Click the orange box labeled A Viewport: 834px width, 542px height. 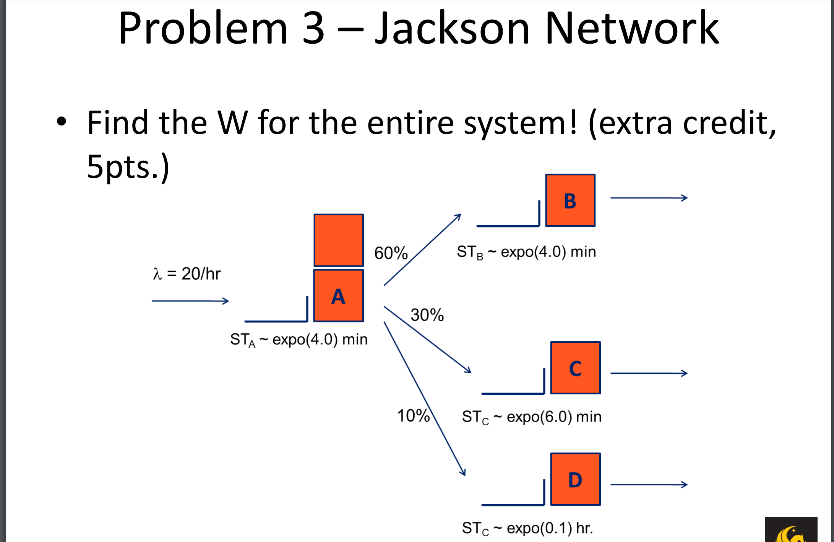coord(338,296)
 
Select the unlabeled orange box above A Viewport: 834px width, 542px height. coord(338,240)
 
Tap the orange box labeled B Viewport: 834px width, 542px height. coord(570,200)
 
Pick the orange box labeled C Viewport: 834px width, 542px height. coord(575,368)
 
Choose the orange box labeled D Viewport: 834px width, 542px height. coord(575,479)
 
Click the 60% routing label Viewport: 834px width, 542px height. coord(391,253)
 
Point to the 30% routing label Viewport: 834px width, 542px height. coord(427,315)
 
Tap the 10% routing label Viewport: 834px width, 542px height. coord(413,416)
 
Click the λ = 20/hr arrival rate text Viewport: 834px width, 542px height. coord(187,274)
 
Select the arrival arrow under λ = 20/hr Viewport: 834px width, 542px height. coord(190,301)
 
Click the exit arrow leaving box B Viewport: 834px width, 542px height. coord(649,198)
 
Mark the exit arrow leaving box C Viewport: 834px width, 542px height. coord(649,373)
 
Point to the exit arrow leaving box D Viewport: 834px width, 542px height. coord(649,485)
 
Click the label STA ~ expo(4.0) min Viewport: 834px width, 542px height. coord(299,340)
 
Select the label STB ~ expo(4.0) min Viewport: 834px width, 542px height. coord(526,252)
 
